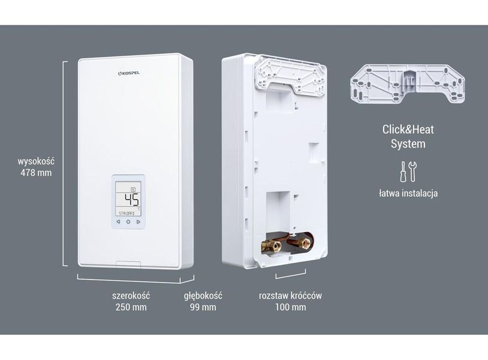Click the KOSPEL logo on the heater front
coord(129,73)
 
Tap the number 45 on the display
coord(132,200)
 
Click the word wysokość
coord(36,161)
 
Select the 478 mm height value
coord(36,173)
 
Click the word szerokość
coord(131,296)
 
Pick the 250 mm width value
coord(131,307)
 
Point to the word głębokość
coord(203,296)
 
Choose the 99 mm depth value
coord(203,307)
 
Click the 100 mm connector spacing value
coord(290,307)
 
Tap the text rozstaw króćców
coord(290,296)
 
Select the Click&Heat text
coord(408,130)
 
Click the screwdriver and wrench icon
coord(408,172)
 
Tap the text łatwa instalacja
coord(408,193)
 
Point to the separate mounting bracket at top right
coord(408,83)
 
